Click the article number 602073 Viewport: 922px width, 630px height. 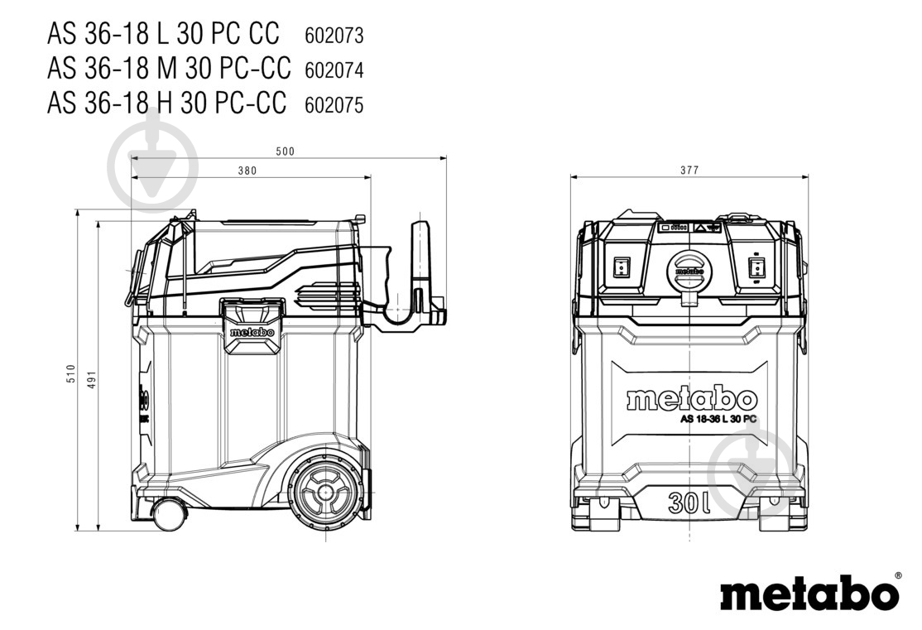pyautogui.click(x=334, y=36)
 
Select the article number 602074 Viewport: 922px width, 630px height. pyautogui.click(x=334, y=70)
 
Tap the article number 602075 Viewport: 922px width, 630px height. pyautogui.click(x=334, y=104)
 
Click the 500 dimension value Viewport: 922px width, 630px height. pyautogui.click(x=286, y=151)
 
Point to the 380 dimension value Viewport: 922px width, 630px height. pyautogui.click(x=247, y=171)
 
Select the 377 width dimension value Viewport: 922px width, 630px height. pyautogui.click(x=689, y=170)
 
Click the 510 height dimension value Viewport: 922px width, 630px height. pyautogui.click(x=71, y=374)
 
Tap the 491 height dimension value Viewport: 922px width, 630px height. pyautogui.click(x=91, y=380)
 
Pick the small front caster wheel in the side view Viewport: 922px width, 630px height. pyautogui.click(x=170, y=514)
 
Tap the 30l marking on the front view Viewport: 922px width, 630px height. pyautogui.click(x=689, y=503)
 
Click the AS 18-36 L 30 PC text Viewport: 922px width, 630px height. pyautogui.click(x=718, y=420)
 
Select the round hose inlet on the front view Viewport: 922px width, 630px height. pyautogui.click(x=689, y=272)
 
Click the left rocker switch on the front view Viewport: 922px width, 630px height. pyautogui.click(x=622, y=267)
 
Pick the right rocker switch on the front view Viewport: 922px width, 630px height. pyautogui.click(x=756, y=267)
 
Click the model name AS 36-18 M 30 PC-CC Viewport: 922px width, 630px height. pyautogui.click(x=169, y=69)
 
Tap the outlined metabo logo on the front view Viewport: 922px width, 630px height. pyautogui.click(x=692, y=399)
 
